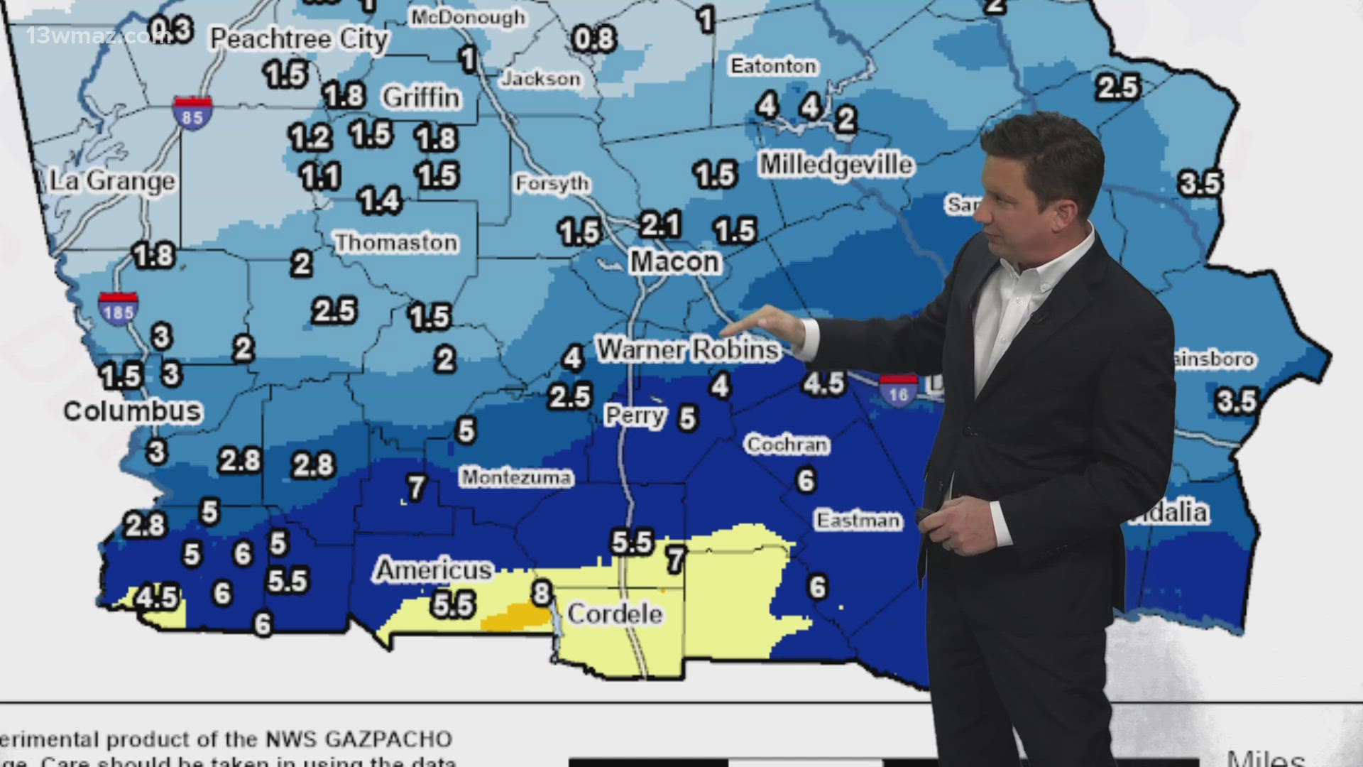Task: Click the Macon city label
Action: [674, 261]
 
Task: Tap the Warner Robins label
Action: [687, 349]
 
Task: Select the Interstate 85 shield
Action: [192, 114]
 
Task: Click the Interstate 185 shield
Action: [118, 310]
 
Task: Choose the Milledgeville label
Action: [836, 165]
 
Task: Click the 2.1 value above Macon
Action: [660, 224]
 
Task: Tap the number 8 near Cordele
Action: [542, 592]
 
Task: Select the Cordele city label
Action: [615, 614]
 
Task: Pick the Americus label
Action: [433, 570]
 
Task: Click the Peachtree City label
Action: [299, 39]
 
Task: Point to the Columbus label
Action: [133, 410]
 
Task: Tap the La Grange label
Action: [112, 181]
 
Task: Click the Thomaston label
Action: [396, 243]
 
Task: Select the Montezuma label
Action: [516, 477]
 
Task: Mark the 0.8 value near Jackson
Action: [593, 39]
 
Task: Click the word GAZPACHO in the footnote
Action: [389, 739]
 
